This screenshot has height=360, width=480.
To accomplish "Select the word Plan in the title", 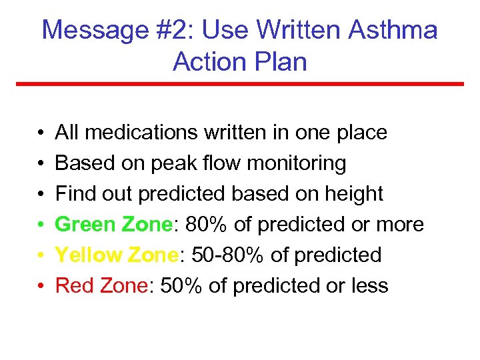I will click(x=280, y=61).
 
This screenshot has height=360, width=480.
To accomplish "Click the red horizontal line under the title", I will click(x=240, y=84).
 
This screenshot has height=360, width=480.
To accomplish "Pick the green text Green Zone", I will click(x=113, y=225).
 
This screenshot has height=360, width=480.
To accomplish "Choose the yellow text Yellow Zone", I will click(x=116, y=255).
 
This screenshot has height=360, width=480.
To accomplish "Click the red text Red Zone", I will click(x=101, y=286).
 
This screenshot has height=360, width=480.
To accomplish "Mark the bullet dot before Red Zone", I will click(x=41, y=287).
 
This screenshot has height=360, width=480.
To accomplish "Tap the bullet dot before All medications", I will click(x=41, y=133).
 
